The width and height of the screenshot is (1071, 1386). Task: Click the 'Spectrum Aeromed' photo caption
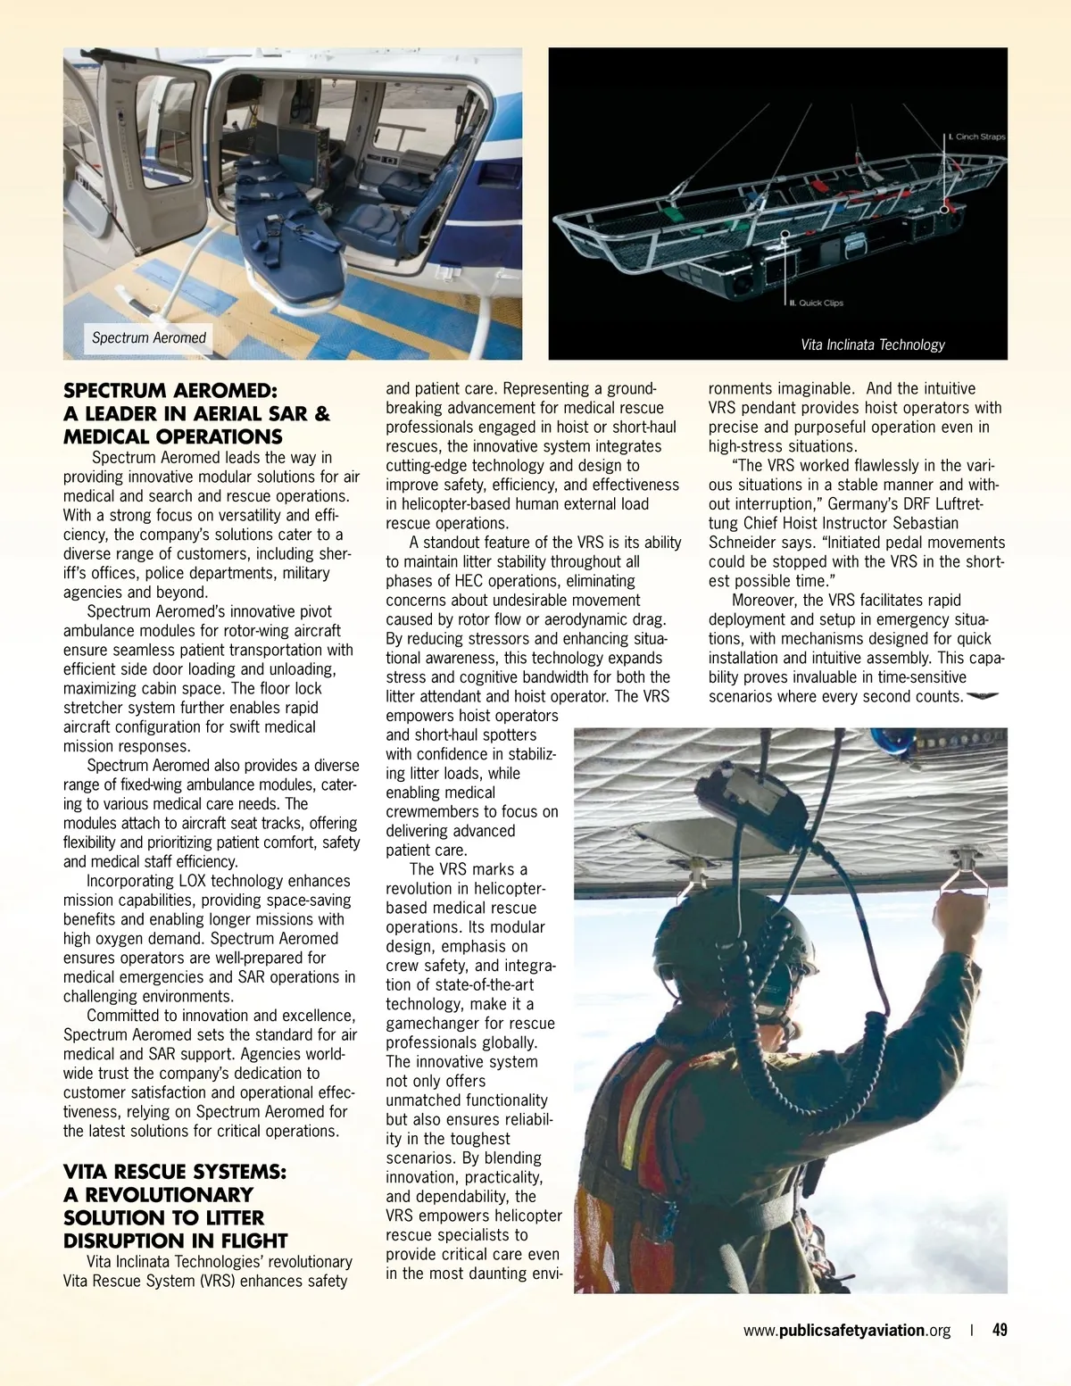[x=149, y=337]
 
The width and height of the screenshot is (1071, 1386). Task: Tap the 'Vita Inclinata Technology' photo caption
[x=872, y=344]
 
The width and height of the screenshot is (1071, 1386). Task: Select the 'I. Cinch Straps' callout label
[x=976, y=137]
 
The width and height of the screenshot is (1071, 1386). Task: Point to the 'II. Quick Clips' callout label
[x=816, y=303]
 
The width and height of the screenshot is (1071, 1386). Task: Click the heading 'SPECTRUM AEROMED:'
[x=170, y=391]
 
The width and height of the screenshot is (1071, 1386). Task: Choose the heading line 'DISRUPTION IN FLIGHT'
[x=175, y=1241]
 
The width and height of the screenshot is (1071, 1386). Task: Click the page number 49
[x=1000, y=1330]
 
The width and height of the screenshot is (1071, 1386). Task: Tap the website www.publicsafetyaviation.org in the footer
[x=847, y=1330]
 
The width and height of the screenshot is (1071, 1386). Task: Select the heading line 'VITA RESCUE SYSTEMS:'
[x=175, y=1172]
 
